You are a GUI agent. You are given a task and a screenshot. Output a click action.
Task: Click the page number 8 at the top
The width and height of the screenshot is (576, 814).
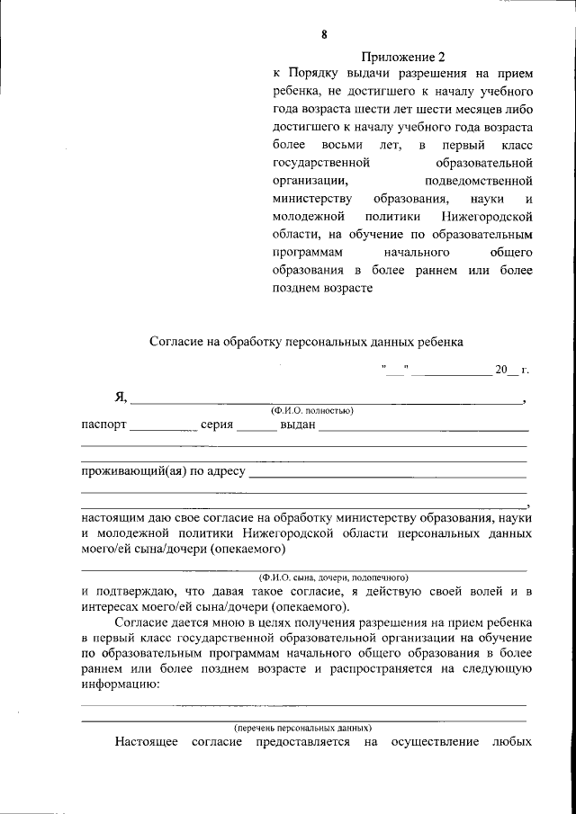(x=324, y=35)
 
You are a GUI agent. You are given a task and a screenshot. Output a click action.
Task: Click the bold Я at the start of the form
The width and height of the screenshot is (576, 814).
(x=119, y=398)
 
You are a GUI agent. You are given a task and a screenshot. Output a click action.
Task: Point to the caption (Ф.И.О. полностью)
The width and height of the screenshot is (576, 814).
(x=305, y=410)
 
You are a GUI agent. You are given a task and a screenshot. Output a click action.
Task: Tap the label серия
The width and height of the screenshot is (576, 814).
(x=217, y=425)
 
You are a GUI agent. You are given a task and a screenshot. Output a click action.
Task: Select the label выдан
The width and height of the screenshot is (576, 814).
(x=297, y=425)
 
